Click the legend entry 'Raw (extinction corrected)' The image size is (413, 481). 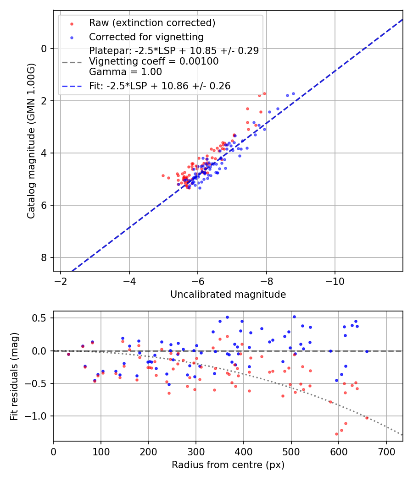[x=152, y=23]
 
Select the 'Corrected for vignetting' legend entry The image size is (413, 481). [x=146, y=37]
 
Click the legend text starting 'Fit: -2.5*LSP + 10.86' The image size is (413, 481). [x=160, y=86]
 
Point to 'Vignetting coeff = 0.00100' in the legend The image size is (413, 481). [x=154, y=61]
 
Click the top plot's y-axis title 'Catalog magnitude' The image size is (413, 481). [x=31, y=140]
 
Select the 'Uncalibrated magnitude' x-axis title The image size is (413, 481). [x=228, y=295]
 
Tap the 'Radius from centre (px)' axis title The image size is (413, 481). [x=228, y=465]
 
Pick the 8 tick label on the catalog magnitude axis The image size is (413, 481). [x=45, y=257]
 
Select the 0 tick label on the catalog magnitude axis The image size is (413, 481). [x=45, y=49]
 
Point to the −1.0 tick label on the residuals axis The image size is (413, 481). [x=39, y=416]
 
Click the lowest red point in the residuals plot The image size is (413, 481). [x=336, y=434]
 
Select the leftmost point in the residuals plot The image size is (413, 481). [x=68, y=354]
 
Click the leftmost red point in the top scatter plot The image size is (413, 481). [x=163, y=175]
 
